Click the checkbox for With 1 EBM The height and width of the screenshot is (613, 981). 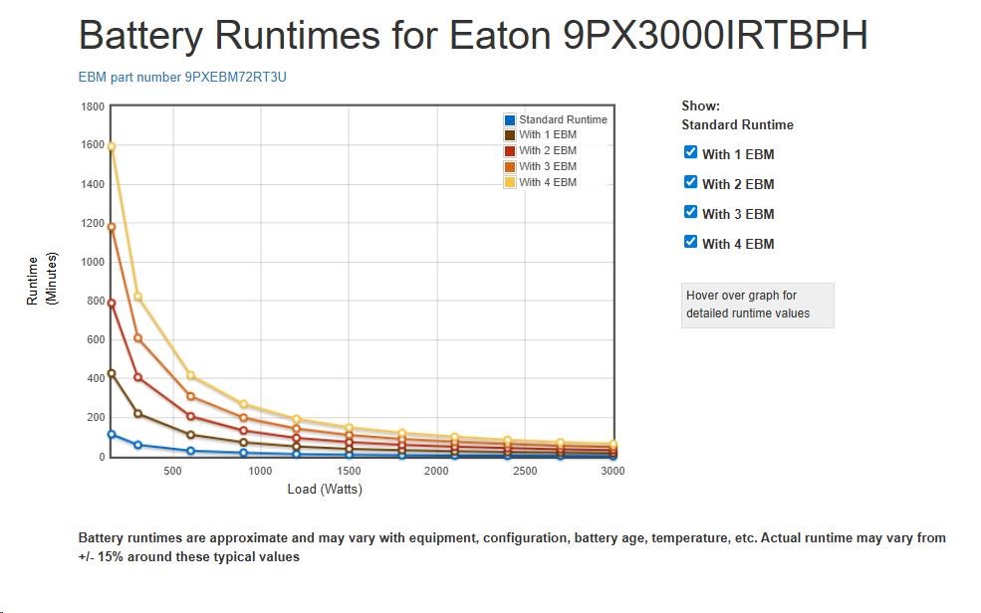tap(690, 152)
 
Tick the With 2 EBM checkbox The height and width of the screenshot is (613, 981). tap(690, 182)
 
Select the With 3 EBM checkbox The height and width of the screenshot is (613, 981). tap(690, 212)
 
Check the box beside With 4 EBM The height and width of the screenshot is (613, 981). tap(690, 242)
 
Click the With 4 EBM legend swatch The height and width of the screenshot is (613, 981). tap(510, 182)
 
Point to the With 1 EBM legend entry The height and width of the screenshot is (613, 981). tap(547, 135)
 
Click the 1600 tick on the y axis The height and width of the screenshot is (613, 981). tap(93, 145)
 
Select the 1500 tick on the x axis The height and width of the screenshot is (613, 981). tap(349, 471)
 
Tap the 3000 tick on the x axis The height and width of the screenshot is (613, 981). tap(613, 471)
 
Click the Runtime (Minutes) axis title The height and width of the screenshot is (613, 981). tap(43, 281)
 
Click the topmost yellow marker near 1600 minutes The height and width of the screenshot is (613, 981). tap(112, 146)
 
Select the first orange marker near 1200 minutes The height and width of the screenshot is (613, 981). tap(112, 227)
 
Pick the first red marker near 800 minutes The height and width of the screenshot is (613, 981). tap(112, 304)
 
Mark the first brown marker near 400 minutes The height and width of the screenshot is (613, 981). tap(112, 373)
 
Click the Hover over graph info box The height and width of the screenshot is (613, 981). tap(757, 305)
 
